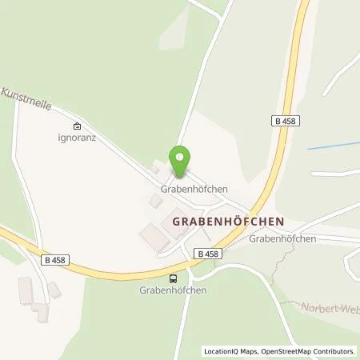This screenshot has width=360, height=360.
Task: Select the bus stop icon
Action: (x=173, y=278)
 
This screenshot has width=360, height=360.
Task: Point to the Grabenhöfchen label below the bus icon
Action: (x=173, y=290)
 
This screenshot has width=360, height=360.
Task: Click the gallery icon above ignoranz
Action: (x=77, y=125)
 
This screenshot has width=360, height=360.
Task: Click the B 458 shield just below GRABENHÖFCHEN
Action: (x=206, y=253)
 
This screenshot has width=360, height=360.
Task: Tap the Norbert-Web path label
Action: (x=328, y=307)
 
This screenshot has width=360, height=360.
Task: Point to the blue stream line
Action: (x=332, y=146)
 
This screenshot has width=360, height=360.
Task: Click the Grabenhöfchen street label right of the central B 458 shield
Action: (x=282, y=238)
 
